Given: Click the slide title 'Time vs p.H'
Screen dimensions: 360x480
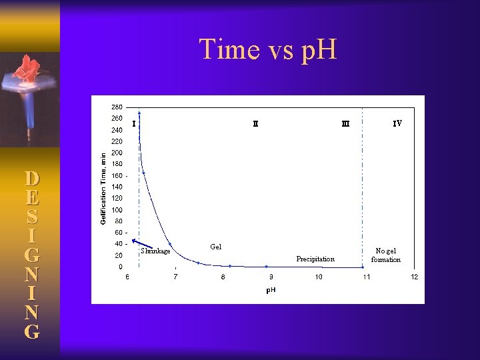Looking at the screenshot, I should pyautogui.click(x=268, y=49).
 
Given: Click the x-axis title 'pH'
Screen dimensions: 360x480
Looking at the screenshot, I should pyautogui.click(x=271, y=290).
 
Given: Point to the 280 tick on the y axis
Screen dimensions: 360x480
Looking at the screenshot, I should pyautogui.click(x=117, y=107).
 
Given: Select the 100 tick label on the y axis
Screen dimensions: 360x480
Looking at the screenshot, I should pyautogui.click(x=117, y=209).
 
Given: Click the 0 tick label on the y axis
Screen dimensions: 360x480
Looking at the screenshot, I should pyautogui.click(x=121, y=267).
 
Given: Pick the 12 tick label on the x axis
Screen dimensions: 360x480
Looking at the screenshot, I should pyautogui.click(x=414, y=277).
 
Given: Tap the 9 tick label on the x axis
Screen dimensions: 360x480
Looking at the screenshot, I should pyautogui.click(x=271, y=277).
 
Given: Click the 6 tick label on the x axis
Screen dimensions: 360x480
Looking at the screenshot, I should pyautogui.click(x=128, y=277).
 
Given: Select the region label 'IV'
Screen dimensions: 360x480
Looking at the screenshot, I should pyautogui.click(x=397, y=123).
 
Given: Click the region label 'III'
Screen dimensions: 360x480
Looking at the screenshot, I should pyautogui.click(x=345, y=123).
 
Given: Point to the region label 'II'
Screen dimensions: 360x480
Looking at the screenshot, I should pyautogui.click(x=255, y=123).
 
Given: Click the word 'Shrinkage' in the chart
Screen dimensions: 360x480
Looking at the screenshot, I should pyautogui.click(x=156, y=251).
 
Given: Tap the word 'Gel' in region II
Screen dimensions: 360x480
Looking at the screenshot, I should pyautogui.click(x=215, y=247).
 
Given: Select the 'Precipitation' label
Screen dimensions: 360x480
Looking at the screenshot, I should pyautogui.click(x=315, y=259).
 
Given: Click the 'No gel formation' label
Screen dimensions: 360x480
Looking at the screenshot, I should pyautogui.click(x=386, y=255).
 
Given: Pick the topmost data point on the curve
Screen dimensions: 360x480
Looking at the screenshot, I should pyautogui.click(x=139, y=113).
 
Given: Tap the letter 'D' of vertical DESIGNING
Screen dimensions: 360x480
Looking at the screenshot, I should pyautogui.click(x=31, y=179).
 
